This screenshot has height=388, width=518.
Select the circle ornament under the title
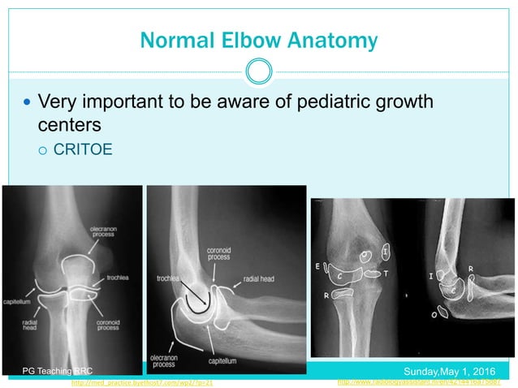pyautogui.click(x=259, y=71)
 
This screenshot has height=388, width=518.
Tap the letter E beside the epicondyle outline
pyautogui.click(x=317, y=265)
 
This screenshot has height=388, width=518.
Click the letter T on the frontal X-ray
pyautogui.click(x=386, y=274)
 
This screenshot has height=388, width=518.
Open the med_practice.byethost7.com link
pyautogui.click(x=142, y=381)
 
